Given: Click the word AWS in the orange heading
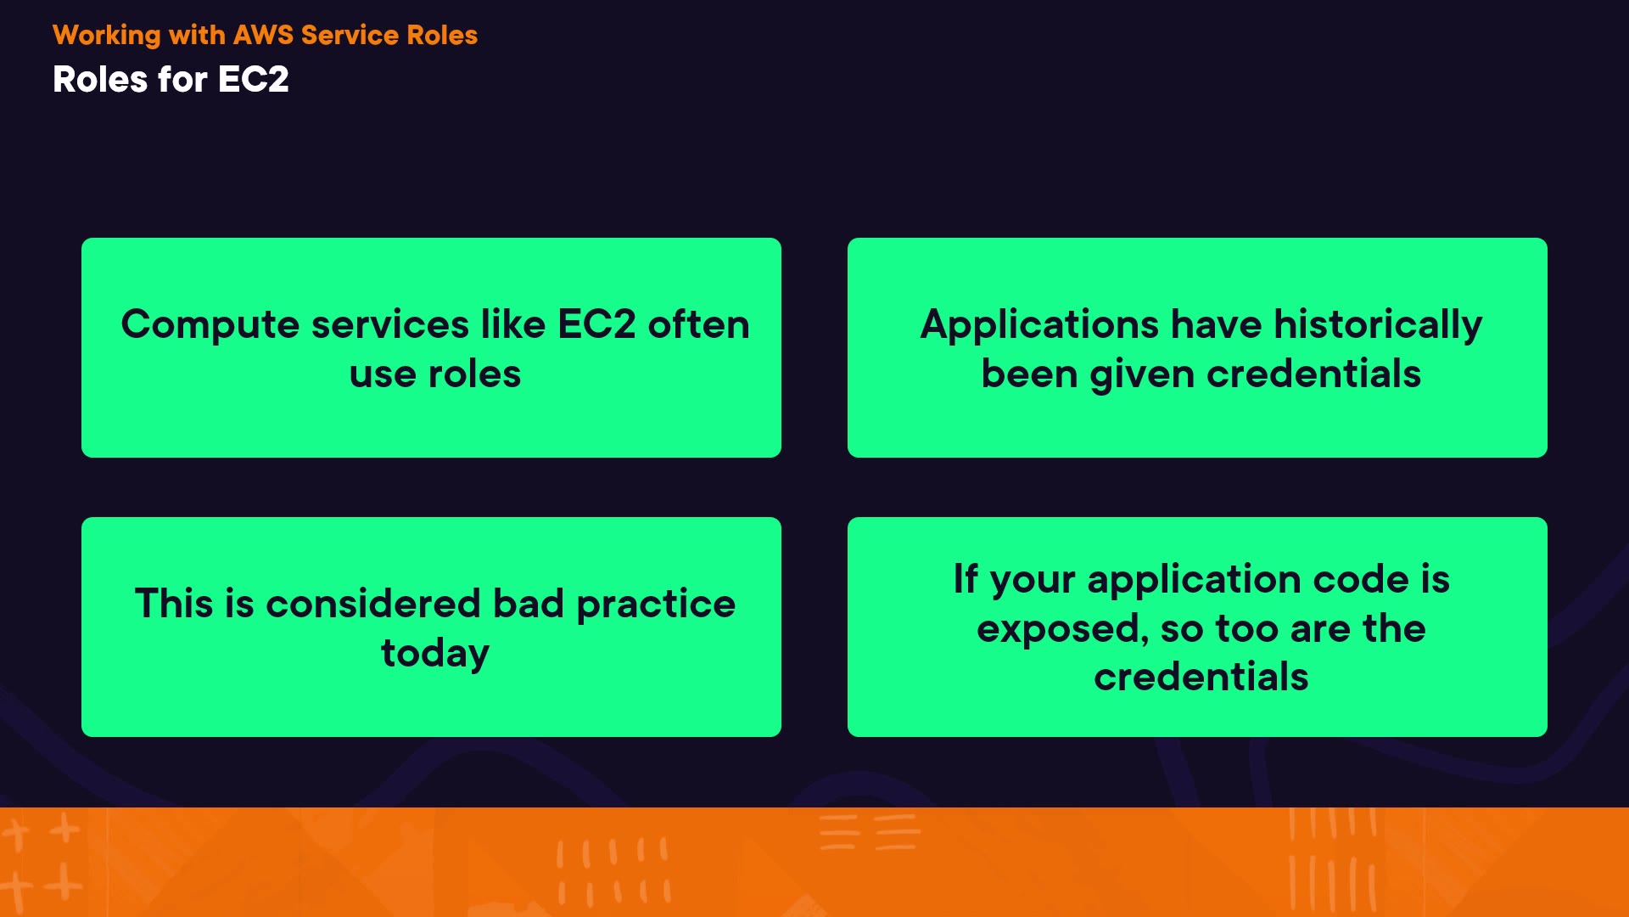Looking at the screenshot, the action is tap(263, 35).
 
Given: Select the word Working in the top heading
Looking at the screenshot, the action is tap(107, 36).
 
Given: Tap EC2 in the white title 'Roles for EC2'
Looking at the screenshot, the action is tap(254, 80).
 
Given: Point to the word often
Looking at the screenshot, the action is tap(699, 324).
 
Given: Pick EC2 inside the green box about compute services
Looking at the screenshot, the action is tap(596, 324).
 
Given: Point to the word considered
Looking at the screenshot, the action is tap(373, 604).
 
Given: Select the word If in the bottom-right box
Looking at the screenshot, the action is tap(966, 579).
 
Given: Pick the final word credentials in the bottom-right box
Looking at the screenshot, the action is tap(1201, 678).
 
